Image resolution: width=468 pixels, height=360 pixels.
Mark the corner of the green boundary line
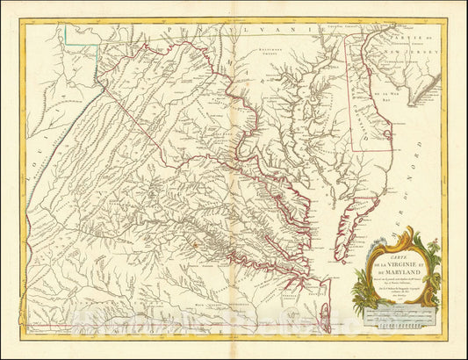pyautogui.click(x=97, y=42)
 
